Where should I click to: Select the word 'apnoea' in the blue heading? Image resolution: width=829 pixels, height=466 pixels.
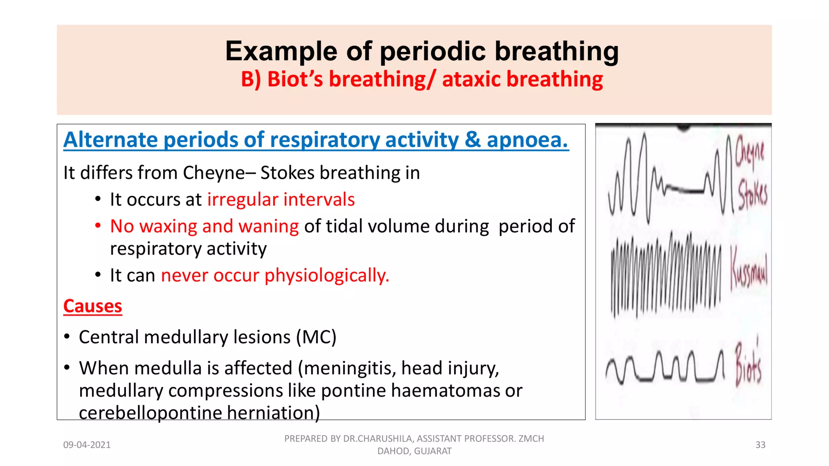527,140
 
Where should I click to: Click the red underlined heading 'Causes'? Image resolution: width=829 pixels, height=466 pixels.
93,306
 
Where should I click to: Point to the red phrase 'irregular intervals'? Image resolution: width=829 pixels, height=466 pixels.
281,200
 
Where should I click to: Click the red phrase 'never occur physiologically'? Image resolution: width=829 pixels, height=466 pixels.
275,275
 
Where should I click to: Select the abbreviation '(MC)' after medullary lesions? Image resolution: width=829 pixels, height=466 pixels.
316,337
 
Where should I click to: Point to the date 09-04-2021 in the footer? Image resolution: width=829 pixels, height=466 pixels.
87,445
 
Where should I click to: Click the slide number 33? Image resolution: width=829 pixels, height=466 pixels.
760,445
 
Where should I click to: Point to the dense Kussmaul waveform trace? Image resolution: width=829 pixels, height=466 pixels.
666,275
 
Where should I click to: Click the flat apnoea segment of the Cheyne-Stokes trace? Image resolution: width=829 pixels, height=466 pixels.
684,189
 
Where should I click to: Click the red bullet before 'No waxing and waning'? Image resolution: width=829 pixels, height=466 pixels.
98,226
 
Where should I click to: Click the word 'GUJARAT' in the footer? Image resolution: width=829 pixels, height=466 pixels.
433,451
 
